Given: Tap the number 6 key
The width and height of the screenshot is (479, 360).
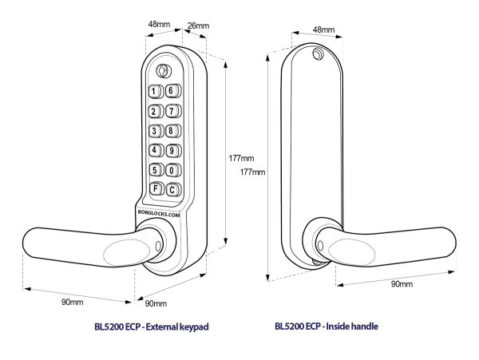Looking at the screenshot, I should pyautogui.click(x=171, y=91).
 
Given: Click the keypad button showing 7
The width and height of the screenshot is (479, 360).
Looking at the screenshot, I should pyautogui.click(x=171, y=110).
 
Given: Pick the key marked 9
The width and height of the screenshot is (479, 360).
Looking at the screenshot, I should pyautogui.click(x=171, y=149).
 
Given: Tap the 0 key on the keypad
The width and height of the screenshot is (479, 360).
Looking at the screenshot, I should pyautogui.click(x=171, y=169).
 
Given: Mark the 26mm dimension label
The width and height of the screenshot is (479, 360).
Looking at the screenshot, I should pyautogui.click(x=197, y=26).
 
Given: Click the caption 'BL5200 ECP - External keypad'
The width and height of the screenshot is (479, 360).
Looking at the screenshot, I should pyautogui.click(x=151, y=326).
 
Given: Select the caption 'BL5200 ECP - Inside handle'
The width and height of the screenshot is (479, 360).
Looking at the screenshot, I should pyautogui.click(x=327, y=326).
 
